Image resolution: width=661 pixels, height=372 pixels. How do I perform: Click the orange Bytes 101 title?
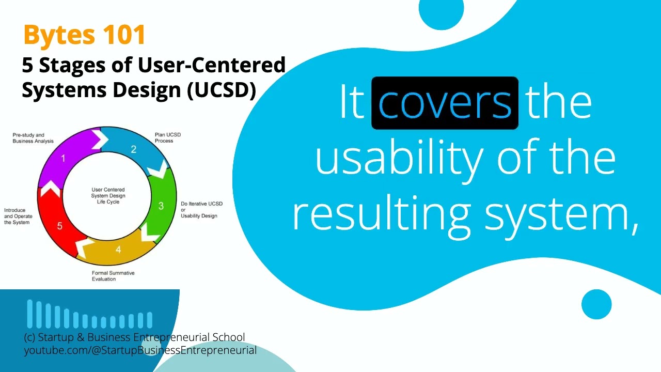[x=84, y=35]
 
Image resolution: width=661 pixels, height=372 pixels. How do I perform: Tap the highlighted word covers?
[x=445, y=103]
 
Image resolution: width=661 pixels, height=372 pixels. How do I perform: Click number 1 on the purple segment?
[x=64, y=158]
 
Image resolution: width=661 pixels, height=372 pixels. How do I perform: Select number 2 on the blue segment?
[x=133, y=150]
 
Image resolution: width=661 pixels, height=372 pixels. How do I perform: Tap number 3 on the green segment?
[x=161, y=206]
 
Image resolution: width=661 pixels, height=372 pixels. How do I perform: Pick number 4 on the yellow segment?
[x=118, y=250]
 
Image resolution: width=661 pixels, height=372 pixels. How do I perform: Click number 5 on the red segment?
[x=60, y=226]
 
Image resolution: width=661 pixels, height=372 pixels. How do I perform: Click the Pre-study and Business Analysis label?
[x=33, y=138]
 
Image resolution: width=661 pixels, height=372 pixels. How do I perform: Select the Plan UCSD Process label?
[x=168, y=137]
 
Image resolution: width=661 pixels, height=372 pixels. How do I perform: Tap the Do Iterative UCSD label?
[x=201, y=210]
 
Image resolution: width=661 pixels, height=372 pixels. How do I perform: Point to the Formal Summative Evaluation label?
[x=113, y=276]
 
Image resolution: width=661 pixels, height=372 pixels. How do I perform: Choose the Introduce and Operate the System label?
[x=19, y=216]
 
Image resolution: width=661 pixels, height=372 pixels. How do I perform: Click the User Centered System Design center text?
[x=108, y=196]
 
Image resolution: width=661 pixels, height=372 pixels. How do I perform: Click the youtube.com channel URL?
[x=140, y=350]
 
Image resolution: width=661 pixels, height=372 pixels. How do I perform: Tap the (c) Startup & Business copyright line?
[x=134, y=337]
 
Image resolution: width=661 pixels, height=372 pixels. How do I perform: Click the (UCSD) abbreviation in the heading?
[x=222, y=90]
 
